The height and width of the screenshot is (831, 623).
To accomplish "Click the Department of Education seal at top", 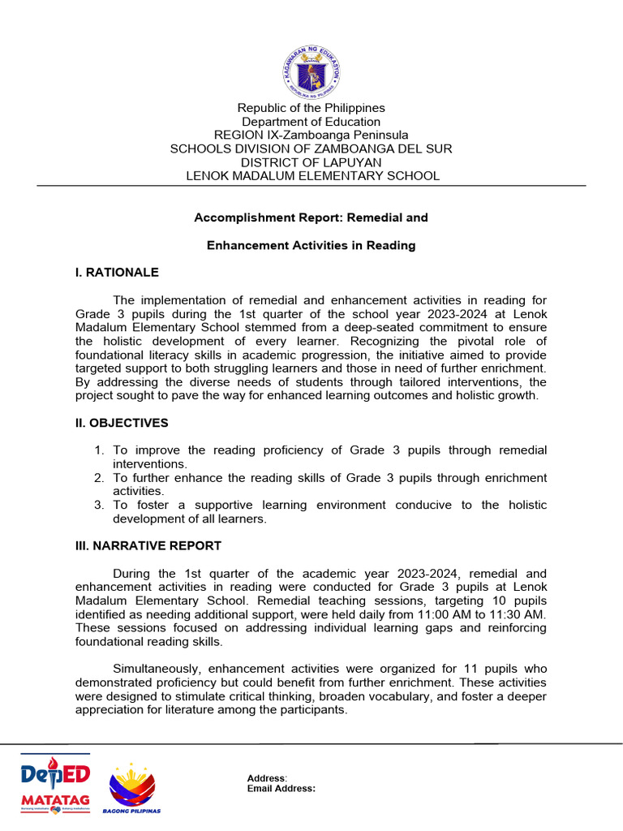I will click(311, 71).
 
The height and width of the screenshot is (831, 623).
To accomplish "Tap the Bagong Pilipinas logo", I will click(131, 788).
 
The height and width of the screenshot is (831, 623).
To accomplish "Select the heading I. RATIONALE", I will click(117, 273).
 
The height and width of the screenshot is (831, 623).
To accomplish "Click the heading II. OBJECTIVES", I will click(122, 423).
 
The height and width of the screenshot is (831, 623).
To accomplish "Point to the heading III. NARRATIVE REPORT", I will click(148, 545).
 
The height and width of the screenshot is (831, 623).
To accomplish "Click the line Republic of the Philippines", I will click(311, 108).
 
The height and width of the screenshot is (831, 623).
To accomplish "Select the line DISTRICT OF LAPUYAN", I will click(311, 162).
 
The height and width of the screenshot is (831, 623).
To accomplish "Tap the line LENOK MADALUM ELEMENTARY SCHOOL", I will click(312, 175).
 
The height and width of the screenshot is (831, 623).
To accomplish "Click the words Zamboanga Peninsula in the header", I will click(351, 135).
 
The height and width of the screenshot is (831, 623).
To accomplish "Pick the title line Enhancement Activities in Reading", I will click(311, 245).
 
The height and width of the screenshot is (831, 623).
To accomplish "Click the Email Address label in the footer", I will click(281, 788).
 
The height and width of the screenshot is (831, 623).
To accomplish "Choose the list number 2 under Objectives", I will click(98, 478).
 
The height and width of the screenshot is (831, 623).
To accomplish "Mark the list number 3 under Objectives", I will click(98, 505).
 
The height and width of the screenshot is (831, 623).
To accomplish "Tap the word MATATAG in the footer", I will click(55, 800).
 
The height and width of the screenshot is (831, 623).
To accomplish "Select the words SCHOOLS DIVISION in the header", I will click(220, 149).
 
